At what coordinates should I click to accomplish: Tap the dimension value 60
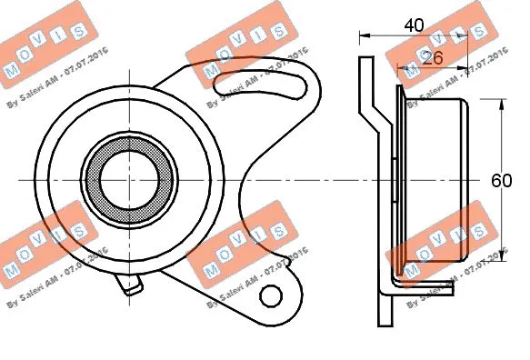tap(500, 180)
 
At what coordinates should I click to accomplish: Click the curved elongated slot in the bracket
tap(260, 85)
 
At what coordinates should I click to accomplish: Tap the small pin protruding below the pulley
tap(133, 286)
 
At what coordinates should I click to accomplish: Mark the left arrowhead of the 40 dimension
tap(363, 37)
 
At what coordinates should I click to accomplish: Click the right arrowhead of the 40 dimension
tap(477, 37)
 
